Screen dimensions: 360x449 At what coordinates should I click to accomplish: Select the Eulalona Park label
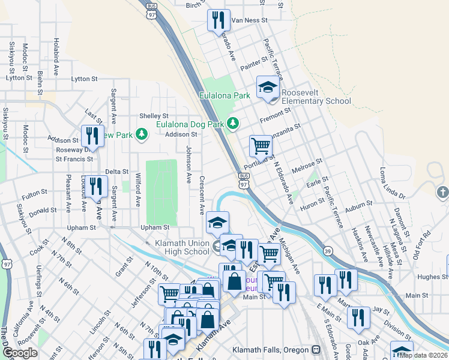point(224,95)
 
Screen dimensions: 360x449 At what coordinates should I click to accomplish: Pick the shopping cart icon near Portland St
point(261,145)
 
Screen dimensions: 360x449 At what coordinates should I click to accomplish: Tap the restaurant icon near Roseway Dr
point(92,135)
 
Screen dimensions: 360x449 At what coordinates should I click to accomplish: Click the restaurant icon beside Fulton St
point(95,186)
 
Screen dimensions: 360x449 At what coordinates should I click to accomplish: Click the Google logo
point(20,353)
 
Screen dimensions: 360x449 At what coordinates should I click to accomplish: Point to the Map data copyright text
point(424,355)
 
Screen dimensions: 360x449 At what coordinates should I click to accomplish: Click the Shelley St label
point(154,116)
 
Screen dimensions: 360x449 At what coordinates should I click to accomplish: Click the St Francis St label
point(74,160)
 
